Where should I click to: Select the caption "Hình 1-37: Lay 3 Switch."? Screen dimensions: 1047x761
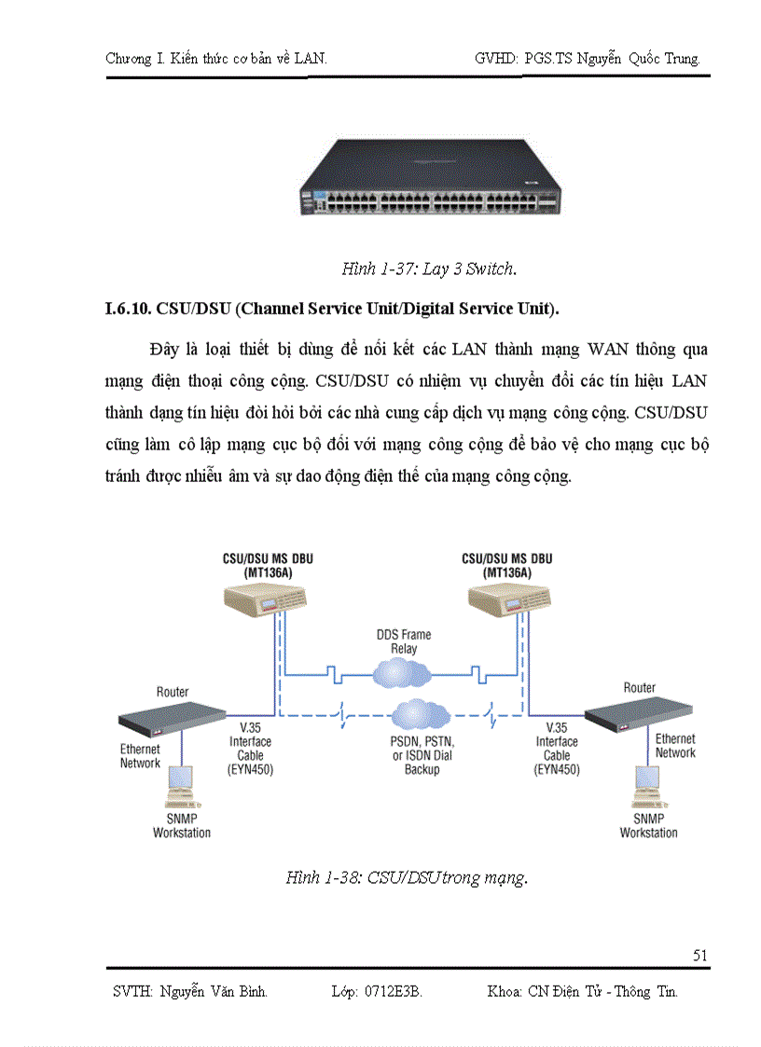tap(429, 269)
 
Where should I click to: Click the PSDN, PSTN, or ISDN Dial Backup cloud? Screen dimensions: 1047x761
tap(422, 716)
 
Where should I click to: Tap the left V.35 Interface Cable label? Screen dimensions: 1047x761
tap(250, 749)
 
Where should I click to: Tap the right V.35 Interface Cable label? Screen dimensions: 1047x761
tap(557, 749)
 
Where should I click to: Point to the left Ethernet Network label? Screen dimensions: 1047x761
tap(140, 756)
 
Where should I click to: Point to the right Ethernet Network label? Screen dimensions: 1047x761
tap(675, 746)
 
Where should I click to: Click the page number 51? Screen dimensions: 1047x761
tap(700, 955)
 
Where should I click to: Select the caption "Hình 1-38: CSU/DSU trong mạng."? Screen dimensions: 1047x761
tap(407, 877)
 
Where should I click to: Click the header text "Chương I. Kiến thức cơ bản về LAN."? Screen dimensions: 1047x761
tap(216, 59)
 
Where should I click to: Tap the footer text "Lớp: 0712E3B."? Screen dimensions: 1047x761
tap(377, 991)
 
